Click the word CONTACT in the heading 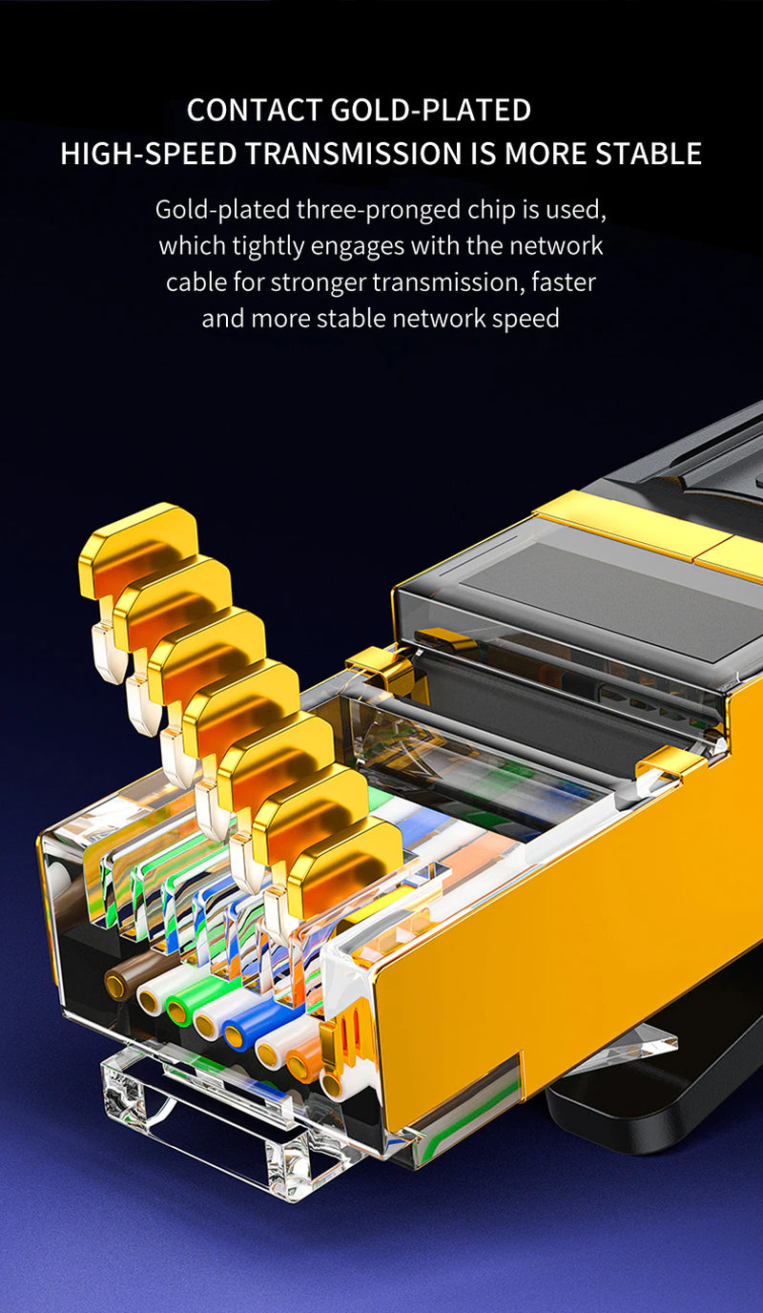pyautogui.click(x=254, y=111)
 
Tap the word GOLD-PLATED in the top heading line pyautogui.click(x=430, y=111)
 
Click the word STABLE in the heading pyautogui.click(x=649, y=154)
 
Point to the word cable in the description pyautogui.click(x=196, y=281)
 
